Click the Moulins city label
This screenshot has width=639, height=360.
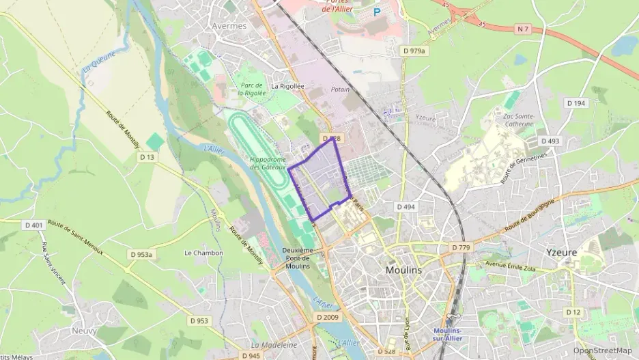click(x=403, y=270)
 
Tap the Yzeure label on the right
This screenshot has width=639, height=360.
click(x=561, y=252)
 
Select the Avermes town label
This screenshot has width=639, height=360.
click(x=229, y=26)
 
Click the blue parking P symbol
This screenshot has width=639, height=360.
click(x=376, y=12)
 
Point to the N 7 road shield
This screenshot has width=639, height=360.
click(x=524, y=28)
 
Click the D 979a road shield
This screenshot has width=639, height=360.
click(x=414, y=51)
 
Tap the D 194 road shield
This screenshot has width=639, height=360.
click(x=576, y=103)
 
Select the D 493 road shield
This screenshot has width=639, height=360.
click(x=550, y=141)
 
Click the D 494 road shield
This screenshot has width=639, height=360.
click(x=405, y=206)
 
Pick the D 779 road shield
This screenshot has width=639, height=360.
click(x=461, y=247)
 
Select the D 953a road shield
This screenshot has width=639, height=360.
click(x=142, y=254)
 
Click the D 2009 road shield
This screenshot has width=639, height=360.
click(x=327, y=318)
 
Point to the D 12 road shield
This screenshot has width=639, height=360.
click(x=573, y=311)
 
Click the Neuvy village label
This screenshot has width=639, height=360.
click(x=84, y=331)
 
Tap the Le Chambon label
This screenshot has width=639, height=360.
click(x=203, y=253)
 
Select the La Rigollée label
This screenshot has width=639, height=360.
click(x=287, y=86)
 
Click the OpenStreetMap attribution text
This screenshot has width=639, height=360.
click(x=602, y=350)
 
